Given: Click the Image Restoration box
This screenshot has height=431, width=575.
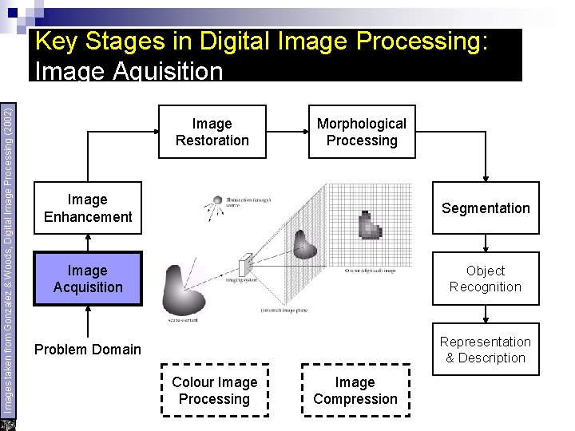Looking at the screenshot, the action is (x=212, y=132).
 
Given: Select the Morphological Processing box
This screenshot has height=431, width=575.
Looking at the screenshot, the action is (x=362, y=132).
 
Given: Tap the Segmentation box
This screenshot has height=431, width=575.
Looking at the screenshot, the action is (x=486, y=208).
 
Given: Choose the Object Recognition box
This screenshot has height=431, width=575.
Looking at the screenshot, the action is (x=486, y=279).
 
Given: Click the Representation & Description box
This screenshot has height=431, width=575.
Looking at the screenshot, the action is (x=486, y=350).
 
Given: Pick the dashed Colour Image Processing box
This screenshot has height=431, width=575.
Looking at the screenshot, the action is (x=214, y=390).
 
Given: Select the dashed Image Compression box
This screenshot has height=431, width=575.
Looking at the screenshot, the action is (x=355, y=390).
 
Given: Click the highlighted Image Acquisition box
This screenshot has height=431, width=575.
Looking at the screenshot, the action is (x=88, y=279).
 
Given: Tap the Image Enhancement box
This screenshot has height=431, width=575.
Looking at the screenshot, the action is (x=88, y=208).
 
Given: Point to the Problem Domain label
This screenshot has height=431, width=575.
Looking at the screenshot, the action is (x=87, y=350).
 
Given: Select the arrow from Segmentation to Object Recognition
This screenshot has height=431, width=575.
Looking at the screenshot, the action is (x=486, y=243).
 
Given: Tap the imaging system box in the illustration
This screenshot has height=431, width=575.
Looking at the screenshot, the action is (x=245, y=263).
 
